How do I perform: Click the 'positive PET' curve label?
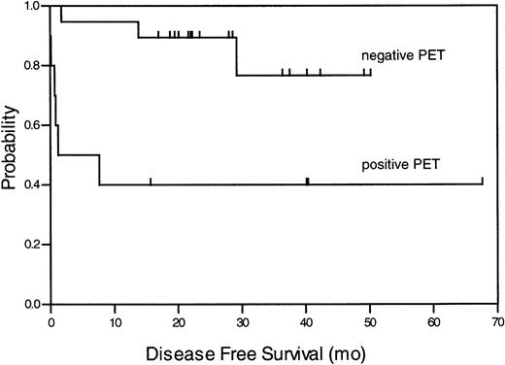point(399,164)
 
